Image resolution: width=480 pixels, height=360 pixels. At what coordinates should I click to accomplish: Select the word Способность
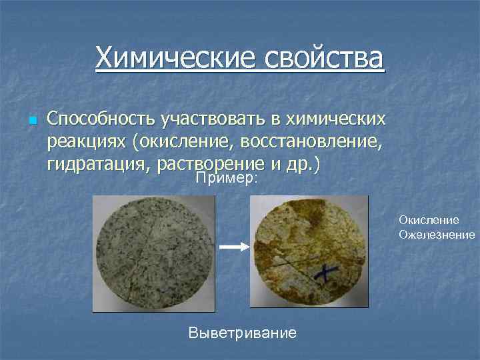click(100, 119)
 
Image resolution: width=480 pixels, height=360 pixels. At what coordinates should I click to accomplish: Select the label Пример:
click(227, 179)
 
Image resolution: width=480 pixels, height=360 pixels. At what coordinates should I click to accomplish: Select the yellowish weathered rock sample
click(309, 253)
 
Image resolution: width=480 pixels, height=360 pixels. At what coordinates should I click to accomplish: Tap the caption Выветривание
click(243, 332)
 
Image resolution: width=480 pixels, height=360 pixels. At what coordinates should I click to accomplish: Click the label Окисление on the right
click(429, 219)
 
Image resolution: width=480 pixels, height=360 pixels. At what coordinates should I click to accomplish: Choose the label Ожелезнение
click(437, 234)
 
